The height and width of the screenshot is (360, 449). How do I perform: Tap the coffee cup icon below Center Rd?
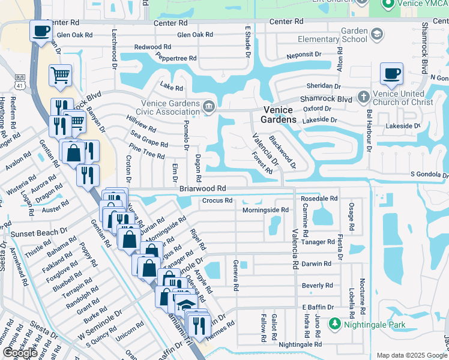(41, 31)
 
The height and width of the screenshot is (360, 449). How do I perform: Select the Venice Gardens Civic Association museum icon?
(208, 107)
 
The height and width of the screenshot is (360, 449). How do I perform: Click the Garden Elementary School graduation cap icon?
(376, 35)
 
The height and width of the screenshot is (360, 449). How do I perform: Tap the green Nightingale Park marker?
(335, 325)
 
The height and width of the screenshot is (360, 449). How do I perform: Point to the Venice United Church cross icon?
(363, 97)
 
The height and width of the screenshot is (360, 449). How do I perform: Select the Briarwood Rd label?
(202, 188)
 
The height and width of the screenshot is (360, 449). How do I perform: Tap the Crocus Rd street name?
(217, 200)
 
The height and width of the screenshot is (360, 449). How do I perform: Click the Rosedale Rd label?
(319, 198)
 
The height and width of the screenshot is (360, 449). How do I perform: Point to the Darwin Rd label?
(316, 263)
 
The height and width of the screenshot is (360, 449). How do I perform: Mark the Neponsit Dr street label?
(304, 54)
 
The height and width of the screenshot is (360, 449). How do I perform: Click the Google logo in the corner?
(20, 353)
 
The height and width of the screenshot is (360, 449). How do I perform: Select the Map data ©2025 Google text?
(411, 355)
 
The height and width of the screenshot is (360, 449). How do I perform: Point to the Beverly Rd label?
(317, 286)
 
